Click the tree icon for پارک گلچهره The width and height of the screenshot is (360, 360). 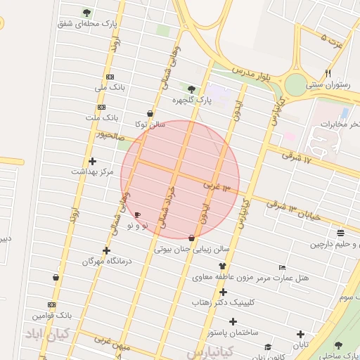191,89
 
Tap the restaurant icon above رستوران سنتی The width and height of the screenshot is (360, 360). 328,73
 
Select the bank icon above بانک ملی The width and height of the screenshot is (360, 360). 110,77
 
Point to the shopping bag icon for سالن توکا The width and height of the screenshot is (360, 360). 150,113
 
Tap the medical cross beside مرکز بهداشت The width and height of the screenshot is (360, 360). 92,161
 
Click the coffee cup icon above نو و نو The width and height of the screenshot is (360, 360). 137,214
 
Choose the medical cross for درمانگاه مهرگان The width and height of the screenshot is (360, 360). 106,250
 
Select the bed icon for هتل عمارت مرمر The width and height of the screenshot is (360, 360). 282,267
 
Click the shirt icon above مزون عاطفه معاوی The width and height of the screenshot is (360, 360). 223,266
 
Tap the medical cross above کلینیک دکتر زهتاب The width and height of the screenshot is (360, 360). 223,292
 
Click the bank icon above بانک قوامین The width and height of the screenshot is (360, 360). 51,304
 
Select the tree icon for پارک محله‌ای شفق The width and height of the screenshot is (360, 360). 86,13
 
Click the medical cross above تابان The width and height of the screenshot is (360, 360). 301,335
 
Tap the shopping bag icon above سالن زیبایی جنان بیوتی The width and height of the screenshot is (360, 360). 192,238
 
